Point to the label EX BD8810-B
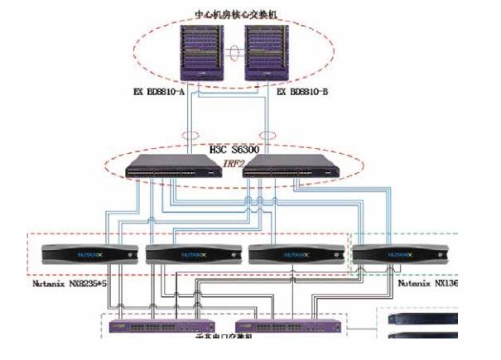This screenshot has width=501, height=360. click(x=304, y=92)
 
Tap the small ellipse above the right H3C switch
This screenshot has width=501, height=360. click(x=268, y=134)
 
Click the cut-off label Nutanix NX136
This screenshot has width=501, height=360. click(x=429, y=284)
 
